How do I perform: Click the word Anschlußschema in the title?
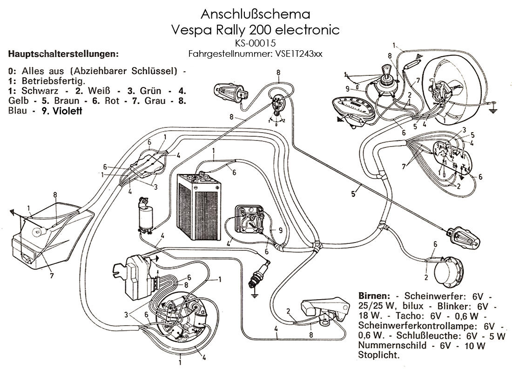256,12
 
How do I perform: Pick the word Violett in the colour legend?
67,111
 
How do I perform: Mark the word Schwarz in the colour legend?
32,90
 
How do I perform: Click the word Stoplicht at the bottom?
378,356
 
